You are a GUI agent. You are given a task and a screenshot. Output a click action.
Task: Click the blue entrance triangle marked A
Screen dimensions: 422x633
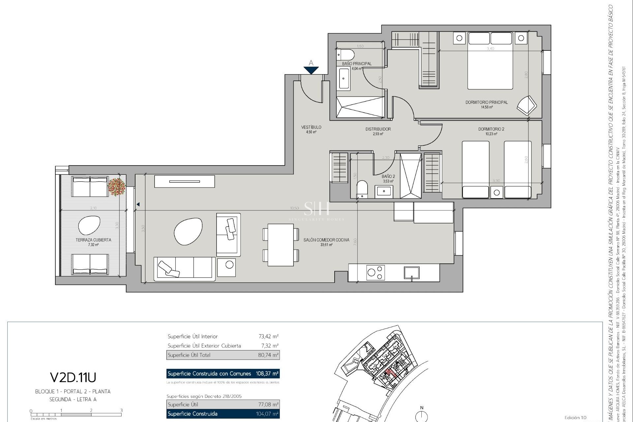[311, 70]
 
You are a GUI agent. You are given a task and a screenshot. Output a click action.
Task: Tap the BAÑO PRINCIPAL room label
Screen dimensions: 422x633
[357, 64]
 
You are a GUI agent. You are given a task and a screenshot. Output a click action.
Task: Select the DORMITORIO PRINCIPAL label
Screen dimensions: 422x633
[486, 102]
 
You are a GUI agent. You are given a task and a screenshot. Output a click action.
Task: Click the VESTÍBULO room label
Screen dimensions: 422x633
[311, 127]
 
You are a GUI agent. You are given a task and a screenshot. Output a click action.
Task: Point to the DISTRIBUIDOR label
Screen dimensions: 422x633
[378, 129]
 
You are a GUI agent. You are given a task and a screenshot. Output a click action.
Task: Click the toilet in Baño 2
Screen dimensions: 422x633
[362, 189]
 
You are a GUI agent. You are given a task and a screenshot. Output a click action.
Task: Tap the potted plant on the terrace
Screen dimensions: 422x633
[117, 187]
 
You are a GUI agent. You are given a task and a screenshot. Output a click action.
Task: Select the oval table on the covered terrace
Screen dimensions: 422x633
[89, 226]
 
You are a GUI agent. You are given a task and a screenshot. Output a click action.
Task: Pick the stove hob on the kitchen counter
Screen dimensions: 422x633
[376, 273]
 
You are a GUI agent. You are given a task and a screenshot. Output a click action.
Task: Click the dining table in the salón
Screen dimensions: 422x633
[281, 245]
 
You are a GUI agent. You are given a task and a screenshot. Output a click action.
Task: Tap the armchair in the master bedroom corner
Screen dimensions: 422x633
[527, 105]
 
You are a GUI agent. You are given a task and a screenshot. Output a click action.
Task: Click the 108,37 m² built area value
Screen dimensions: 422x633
[267, 374]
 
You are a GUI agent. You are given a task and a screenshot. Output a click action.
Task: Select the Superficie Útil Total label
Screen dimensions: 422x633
[189, 355]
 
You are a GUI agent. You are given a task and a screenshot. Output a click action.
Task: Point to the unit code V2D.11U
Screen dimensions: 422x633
[73, 377]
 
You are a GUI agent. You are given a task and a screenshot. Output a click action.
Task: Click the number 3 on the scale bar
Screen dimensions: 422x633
[121, 410]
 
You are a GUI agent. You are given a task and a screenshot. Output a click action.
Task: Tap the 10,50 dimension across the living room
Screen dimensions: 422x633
[294, 208]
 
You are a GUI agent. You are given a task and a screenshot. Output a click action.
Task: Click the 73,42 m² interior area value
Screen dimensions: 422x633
[268, 336]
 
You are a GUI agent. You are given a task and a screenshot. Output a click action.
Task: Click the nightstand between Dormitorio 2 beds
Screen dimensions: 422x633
[497, 192]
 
